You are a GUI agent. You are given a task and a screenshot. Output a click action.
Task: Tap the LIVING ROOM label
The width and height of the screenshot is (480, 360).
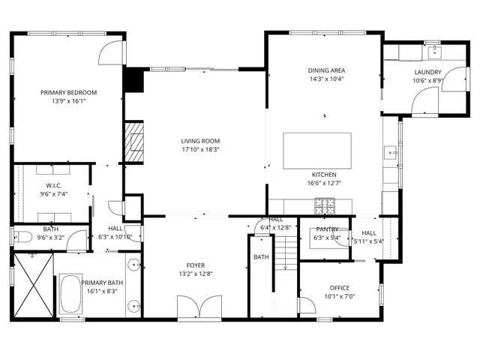pos(199,140)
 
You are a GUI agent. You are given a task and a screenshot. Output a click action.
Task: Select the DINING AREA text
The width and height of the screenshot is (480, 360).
pos(326,70)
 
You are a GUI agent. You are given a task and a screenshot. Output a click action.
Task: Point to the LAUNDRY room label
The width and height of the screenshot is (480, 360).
pos(427,72)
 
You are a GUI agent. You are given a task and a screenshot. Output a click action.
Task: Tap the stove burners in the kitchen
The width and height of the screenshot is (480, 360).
pos(324,202)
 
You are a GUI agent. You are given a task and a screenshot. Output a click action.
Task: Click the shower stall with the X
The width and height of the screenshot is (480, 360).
pos(31,286)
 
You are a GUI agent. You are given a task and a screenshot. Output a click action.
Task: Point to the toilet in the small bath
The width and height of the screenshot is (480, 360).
pos(22,238)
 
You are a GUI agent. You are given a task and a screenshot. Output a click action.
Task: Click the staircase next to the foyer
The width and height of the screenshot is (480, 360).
pos(285,277)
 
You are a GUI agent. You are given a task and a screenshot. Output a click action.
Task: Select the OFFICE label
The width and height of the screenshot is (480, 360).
pos(340,287)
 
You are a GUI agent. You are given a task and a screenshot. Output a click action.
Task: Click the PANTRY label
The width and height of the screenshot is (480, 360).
pos(327,229)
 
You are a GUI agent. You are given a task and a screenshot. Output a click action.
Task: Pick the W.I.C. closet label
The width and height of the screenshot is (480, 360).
pos(53,185)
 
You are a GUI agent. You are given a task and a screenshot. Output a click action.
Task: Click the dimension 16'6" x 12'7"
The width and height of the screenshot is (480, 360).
pos(324,182)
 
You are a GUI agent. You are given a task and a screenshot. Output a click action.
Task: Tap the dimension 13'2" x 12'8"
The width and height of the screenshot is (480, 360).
pos(196,274)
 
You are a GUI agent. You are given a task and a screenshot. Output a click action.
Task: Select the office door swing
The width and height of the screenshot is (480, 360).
pos(306,306)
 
